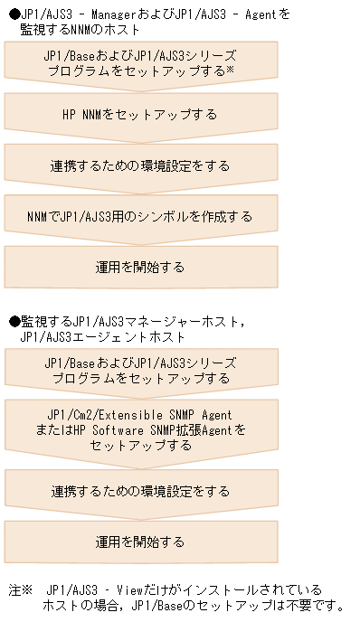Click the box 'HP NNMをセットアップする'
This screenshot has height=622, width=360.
(139, 115)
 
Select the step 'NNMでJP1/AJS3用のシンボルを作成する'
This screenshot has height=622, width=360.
(139, 217)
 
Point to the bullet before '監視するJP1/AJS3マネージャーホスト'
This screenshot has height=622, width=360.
(14, 321)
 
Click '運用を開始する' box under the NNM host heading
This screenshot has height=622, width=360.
(139, 268)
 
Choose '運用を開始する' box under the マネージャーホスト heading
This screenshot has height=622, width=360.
(139, 542)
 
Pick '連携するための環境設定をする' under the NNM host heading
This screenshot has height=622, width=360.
(139, 166)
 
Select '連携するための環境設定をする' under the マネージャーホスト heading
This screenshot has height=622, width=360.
(139, 492)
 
